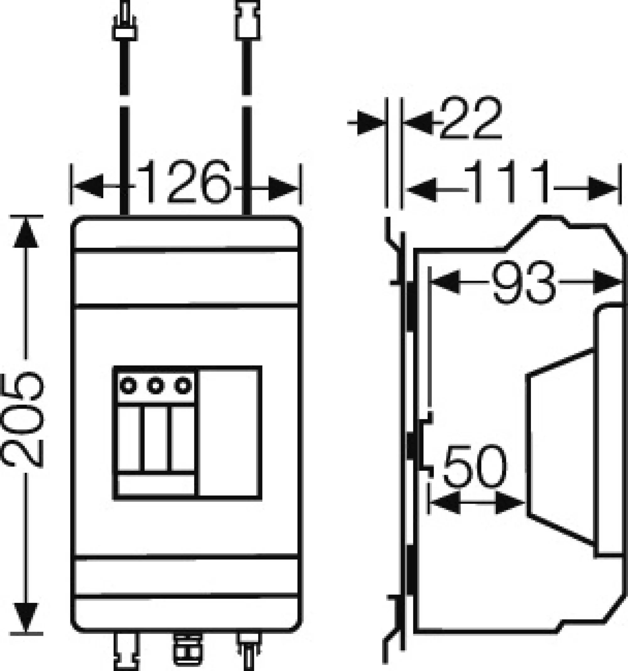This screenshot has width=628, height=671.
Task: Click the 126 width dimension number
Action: click(184, 182)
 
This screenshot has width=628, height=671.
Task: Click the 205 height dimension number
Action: click(23, 420)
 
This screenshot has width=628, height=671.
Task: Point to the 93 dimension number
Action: click(523, 282)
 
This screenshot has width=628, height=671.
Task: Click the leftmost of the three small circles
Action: click(128, 385)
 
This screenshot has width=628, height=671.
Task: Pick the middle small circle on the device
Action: click(156, 385)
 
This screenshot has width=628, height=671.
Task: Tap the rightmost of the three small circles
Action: click(183, 385)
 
